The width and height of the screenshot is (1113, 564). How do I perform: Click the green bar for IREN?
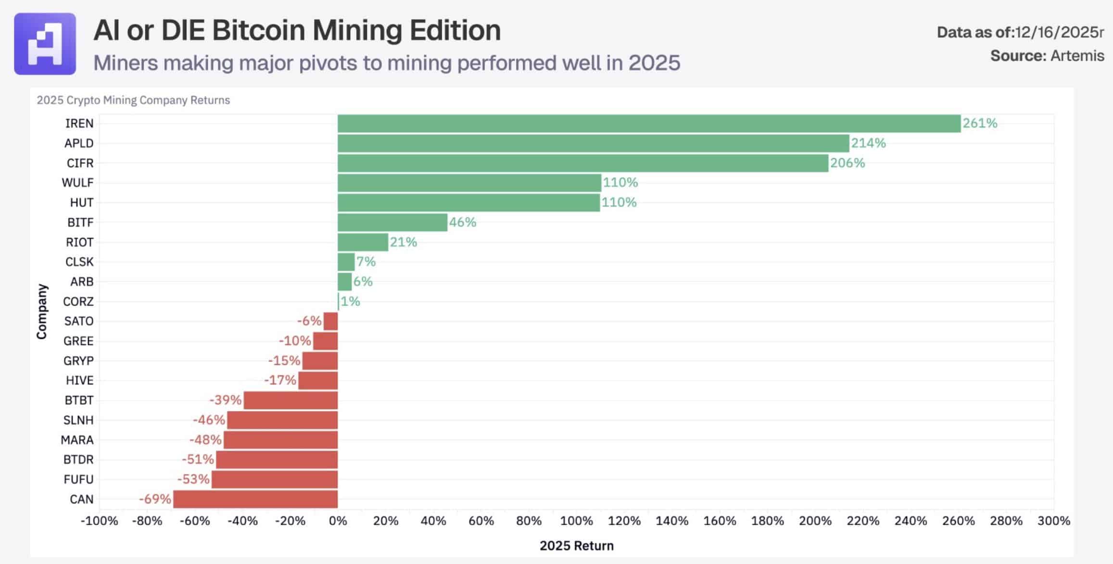click(649, 124)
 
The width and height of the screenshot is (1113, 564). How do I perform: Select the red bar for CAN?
click(255, 499)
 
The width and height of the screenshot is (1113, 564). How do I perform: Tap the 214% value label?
click(868, 143)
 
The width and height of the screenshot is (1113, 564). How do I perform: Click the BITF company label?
click(80, 222)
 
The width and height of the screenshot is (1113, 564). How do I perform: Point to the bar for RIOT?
click(363, 242)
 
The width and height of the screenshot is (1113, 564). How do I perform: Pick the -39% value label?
click(225, 400)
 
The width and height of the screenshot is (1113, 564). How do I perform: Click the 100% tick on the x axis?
click(576, 521)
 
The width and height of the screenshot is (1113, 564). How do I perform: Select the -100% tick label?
click(99, 521)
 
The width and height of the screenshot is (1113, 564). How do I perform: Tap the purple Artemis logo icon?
click(45, 44)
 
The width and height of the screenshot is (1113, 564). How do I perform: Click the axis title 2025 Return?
click(576, 546)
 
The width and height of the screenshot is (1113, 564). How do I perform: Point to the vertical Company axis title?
click(42, 311)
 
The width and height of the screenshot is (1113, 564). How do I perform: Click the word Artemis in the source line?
click(1077, 56)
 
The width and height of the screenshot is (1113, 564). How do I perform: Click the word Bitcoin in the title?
click(258, 30)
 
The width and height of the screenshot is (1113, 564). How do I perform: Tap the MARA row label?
click(77, 440)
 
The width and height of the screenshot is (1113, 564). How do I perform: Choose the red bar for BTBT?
click(291, 400)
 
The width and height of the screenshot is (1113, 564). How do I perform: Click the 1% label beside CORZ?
click(350, 301)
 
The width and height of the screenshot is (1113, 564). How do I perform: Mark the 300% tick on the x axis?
click(1053, 521)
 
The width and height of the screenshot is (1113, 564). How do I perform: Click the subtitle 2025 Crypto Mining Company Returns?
click(133, 100)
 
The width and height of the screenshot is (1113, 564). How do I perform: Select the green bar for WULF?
click(469, 183)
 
